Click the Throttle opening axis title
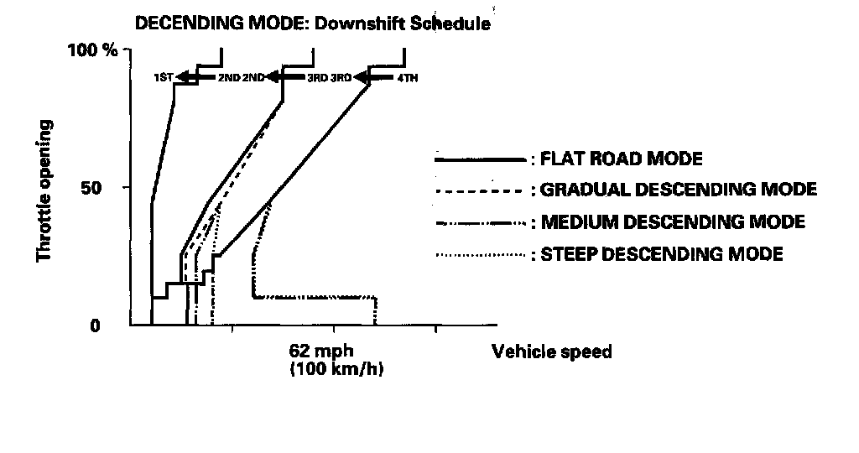tap(46, 190)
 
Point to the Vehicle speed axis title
tap(551, 351)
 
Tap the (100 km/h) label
tap(336, 369)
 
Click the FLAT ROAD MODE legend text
tap(622, 158)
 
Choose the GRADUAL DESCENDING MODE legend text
tap(679, 190)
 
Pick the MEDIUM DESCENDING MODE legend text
tap(673, 222)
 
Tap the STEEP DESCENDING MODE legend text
tap(662, 253)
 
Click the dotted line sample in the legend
tap(479, 254)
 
